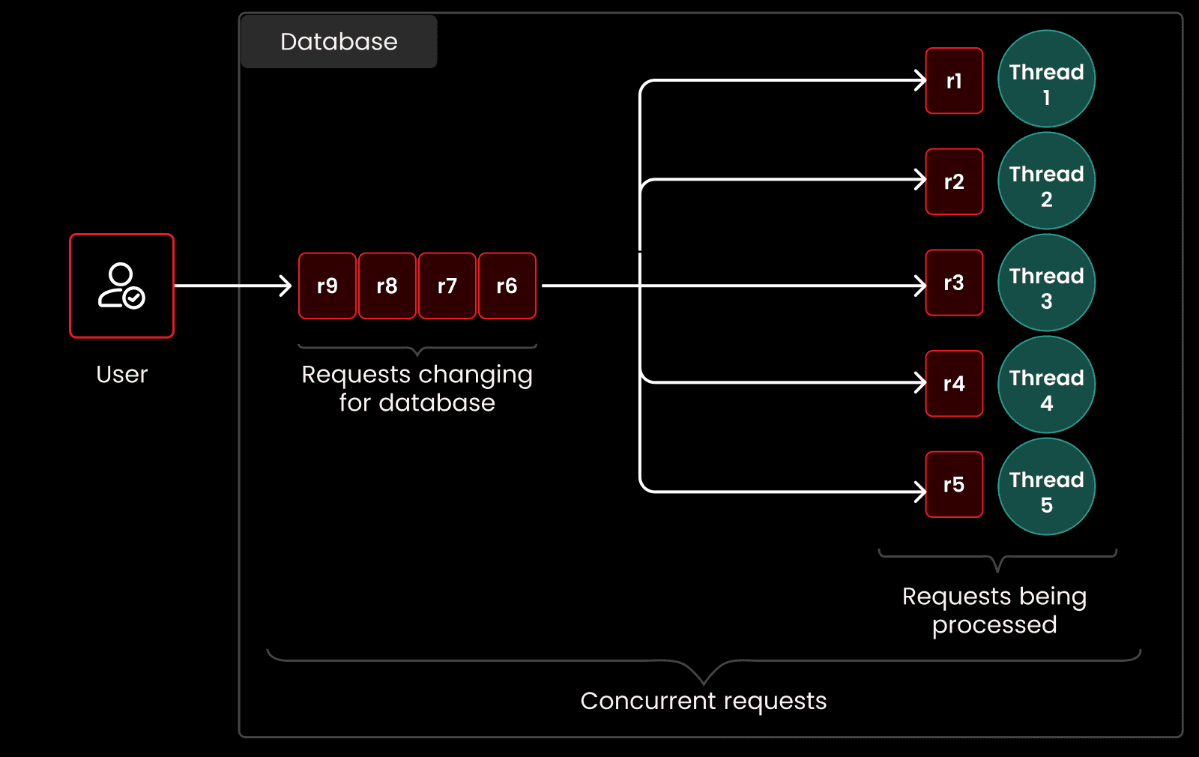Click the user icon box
click(121, 286)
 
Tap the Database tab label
click(339, 42)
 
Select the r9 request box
click(327, 286)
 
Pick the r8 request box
click(387, 286)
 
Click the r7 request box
click(447, 286)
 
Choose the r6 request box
click(507, 286)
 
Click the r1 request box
click(954, 81)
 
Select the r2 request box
click(954, 181)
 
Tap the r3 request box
click(954, 283)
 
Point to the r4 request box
click(954, 384)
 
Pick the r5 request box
click(954, 484)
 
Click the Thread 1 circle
click(1046, 79)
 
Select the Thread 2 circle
click(1046, 181)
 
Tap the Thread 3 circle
click(1046, 283)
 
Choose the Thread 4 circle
click(1046, 384)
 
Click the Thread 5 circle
click(1046, 486)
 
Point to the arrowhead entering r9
click(286, 286)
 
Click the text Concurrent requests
click(703, 701)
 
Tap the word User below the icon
click(121, 374)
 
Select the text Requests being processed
click(994, 610)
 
